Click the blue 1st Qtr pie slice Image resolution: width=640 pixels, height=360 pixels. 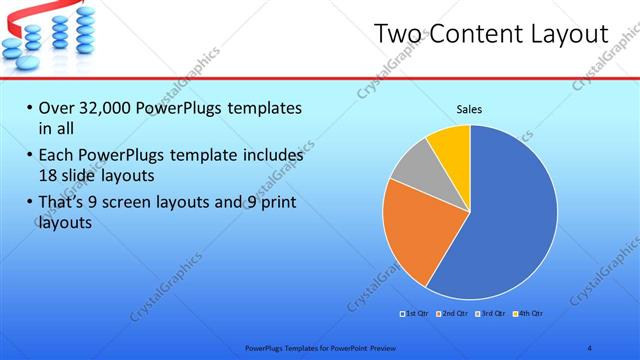(510, 220)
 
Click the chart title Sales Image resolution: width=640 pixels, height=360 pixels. (469, 109)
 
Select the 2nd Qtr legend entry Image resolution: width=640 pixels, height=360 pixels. (452, 314)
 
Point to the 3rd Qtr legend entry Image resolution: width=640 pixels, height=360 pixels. (491, 314)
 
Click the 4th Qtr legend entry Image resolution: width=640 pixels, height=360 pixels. (528, 314)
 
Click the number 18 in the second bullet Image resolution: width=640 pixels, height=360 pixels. (48, 174)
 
